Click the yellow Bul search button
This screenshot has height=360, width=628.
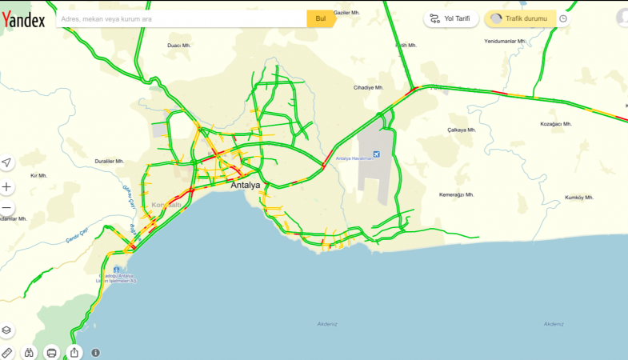320,18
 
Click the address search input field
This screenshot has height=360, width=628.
180,18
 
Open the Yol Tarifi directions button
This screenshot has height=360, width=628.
453,18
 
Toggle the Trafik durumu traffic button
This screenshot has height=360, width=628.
519,18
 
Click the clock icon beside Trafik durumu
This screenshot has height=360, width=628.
563,18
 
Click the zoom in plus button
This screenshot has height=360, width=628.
7,186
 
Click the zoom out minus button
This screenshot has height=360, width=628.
7,210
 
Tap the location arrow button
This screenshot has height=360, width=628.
7,162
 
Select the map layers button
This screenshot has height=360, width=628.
7,329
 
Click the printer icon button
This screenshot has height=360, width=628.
52,352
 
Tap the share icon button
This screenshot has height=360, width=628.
74,352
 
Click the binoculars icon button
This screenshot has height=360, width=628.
30,352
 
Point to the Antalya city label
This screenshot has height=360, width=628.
246,185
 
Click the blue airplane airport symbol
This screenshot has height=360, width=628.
377,154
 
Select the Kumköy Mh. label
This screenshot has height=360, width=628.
579,197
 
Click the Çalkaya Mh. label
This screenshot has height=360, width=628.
462,129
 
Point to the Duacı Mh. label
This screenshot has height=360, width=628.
177,46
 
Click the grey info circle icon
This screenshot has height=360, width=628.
96,352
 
